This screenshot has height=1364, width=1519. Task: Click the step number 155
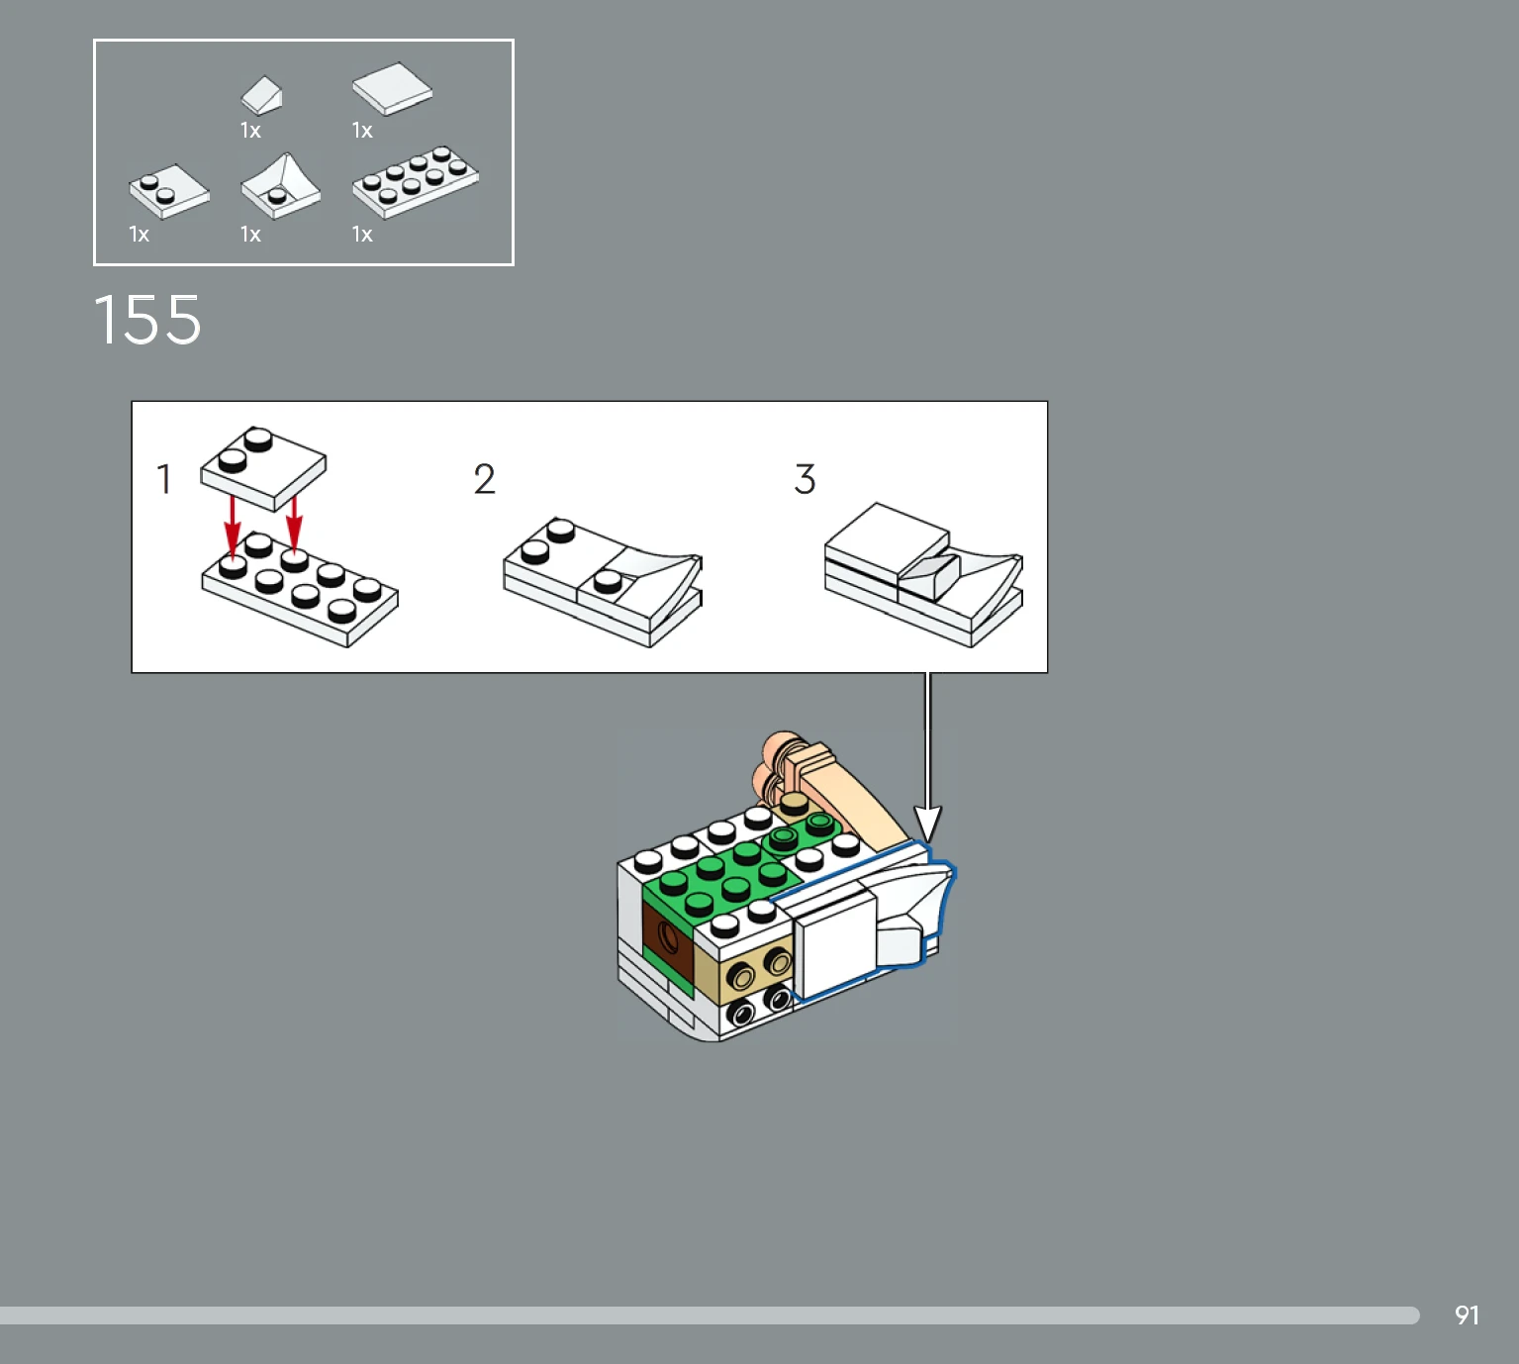pos(147,320)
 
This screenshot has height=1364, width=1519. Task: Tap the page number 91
pos(1467,1315)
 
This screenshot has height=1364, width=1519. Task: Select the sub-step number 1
pos(164,479)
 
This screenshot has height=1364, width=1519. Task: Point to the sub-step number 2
pos(484,479)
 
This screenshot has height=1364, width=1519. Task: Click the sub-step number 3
pos(805,479)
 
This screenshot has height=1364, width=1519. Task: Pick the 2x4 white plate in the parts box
pos(416,182)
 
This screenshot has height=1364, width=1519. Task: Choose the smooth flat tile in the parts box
pos(392,88)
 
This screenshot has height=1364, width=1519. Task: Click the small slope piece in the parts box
pos(261,96)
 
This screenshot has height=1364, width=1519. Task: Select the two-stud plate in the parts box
pos(168,191)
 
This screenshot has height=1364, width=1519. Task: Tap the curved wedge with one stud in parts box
pos(281,187)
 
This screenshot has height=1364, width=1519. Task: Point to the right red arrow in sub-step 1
pos(294,525)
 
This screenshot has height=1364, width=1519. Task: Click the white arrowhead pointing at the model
pos(927,825)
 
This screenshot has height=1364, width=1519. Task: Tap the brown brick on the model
pos(667,938)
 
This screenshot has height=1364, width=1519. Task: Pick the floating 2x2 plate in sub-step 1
pos(262,468)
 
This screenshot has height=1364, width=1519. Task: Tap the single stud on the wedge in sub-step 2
pos(607,581)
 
